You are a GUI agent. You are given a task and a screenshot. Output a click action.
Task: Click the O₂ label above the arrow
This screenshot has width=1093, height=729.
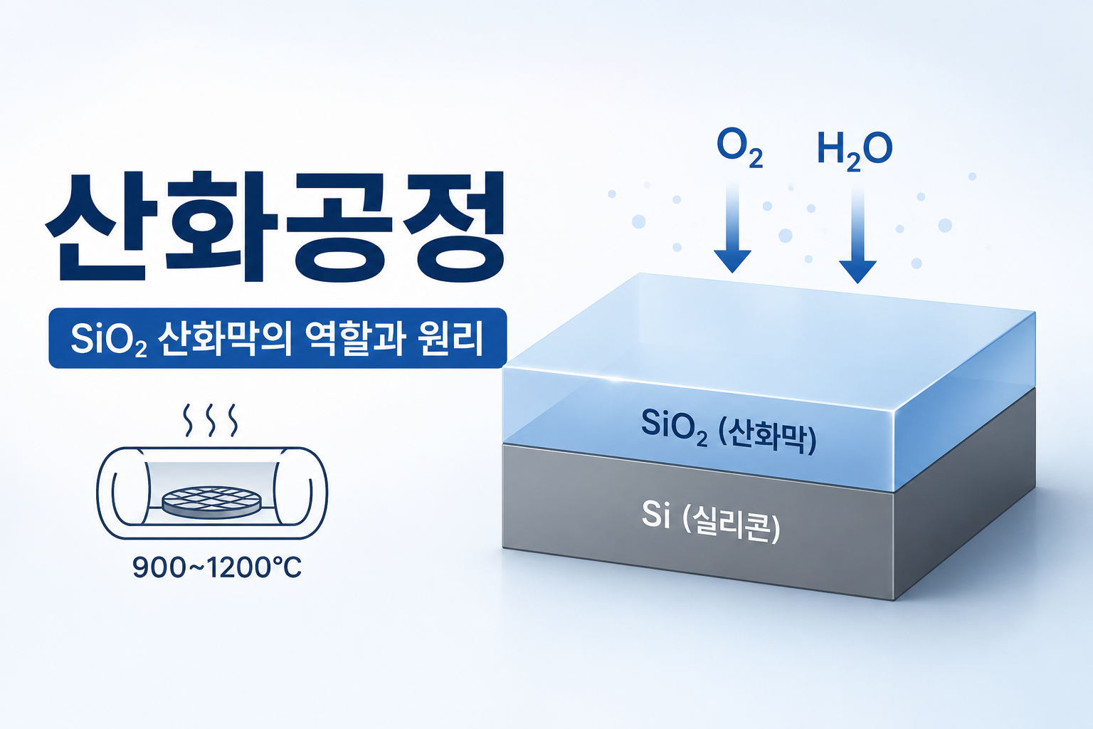pos(739,150)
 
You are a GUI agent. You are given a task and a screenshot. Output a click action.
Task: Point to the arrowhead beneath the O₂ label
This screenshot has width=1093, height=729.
pos(732,261)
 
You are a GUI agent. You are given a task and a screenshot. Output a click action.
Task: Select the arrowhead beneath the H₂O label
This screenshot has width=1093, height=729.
pos(857,272)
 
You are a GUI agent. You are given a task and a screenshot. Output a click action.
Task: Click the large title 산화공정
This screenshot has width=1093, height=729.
pos(275,226)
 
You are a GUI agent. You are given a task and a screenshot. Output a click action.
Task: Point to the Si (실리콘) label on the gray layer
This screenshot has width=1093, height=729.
pos(710,521)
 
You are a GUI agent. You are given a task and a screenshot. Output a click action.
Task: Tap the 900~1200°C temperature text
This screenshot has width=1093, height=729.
pos(216,568)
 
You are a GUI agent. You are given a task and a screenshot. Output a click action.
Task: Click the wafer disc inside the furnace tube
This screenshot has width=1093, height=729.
pos(211,501)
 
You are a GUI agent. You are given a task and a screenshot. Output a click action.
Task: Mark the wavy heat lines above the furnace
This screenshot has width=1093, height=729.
pos(211,420)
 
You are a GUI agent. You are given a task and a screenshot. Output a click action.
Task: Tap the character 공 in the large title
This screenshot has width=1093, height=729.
pos(339,226)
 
